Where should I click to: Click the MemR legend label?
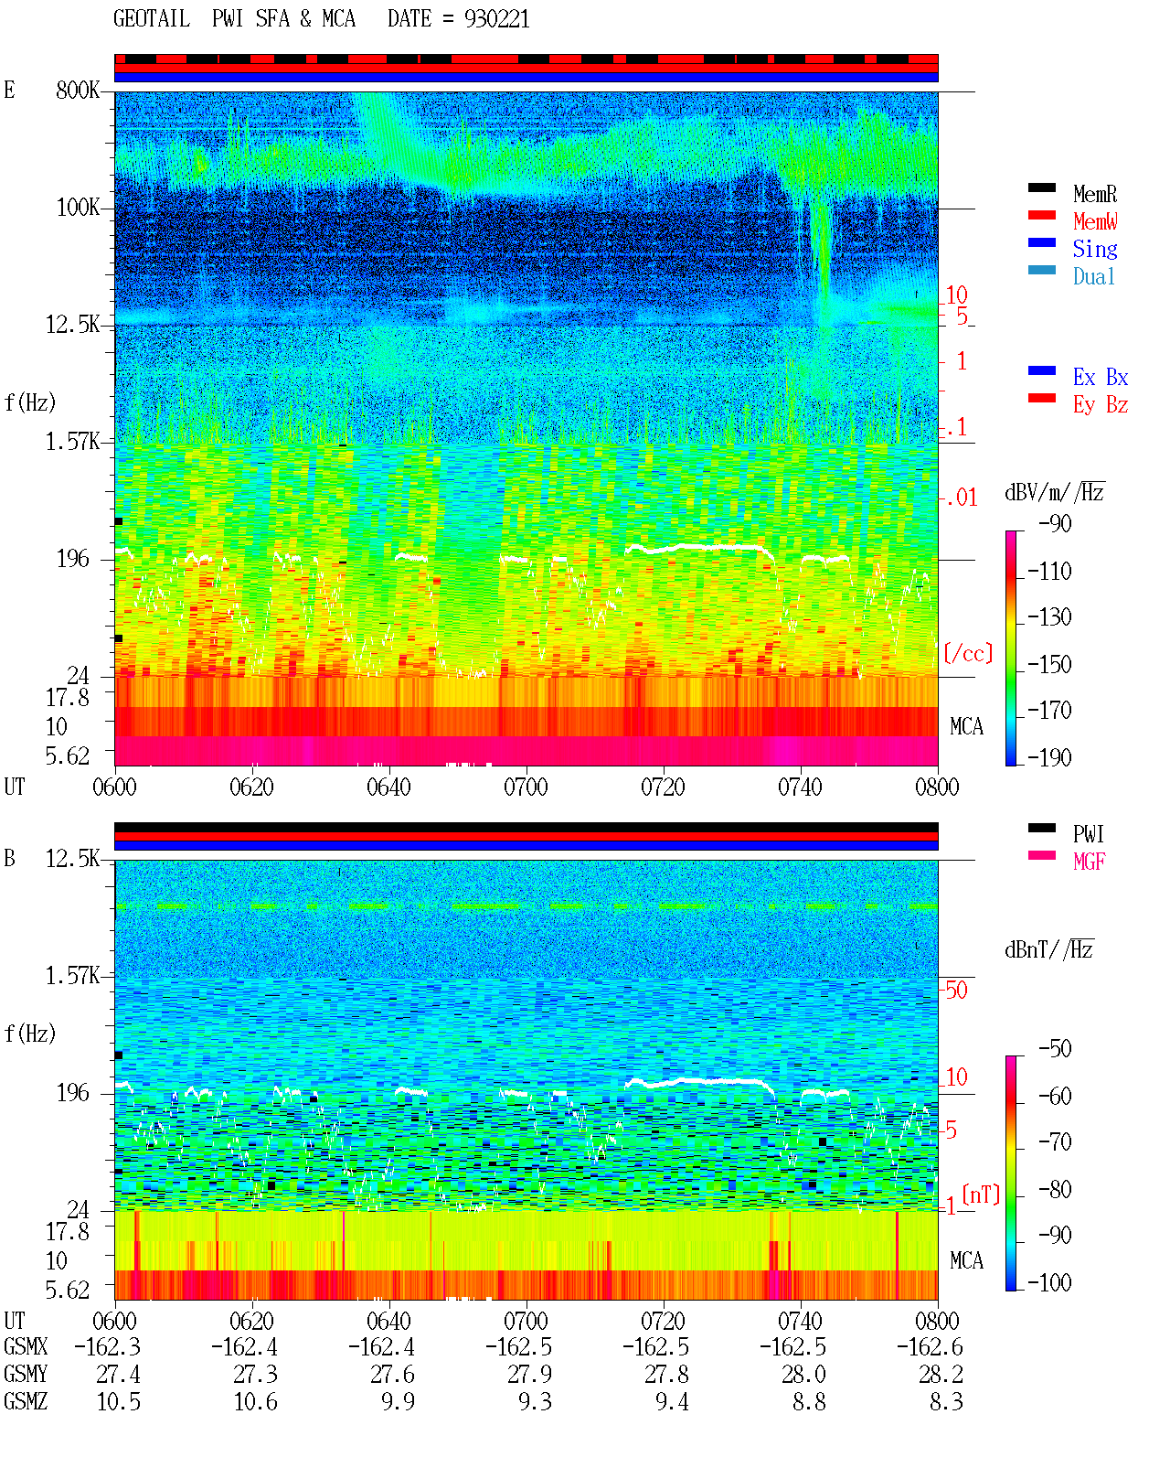(x=1094, y=194)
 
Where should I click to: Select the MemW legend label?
(x=1095, y=220)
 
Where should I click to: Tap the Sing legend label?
(x=1094, y=249)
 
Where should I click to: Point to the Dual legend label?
(x=1093, y=276)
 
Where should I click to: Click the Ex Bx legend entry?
(x=1100, y=377)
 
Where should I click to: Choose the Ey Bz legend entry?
(x=1100, y=405)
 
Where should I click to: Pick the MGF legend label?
(x=1089, y=862)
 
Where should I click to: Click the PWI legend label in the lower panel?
(x=1088, y=833)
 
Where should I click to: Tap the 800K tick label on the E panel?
(x=78, y=90)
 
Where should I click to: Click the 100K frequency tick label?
(x=78, y=208)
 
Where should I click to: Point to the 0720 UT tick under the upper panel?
(x=663, y=787)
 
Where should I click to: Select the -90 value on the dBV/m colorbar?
(x=1055, y=523)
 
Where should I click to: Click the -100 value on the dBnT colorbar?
(x=1049, y=1282)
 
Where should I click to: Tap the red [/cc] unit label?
(x=968, y=653)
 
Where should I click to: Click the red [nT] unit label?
(x=981, y=1195)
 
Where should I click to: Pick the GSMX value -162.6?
(x=930, y=1347)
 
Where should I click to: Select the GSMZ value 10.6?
(x=255, y=1401)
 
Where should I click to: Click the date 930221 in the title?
(x=496, y=19)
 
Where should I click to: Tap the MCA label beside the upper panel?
(x=966, y=726)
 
